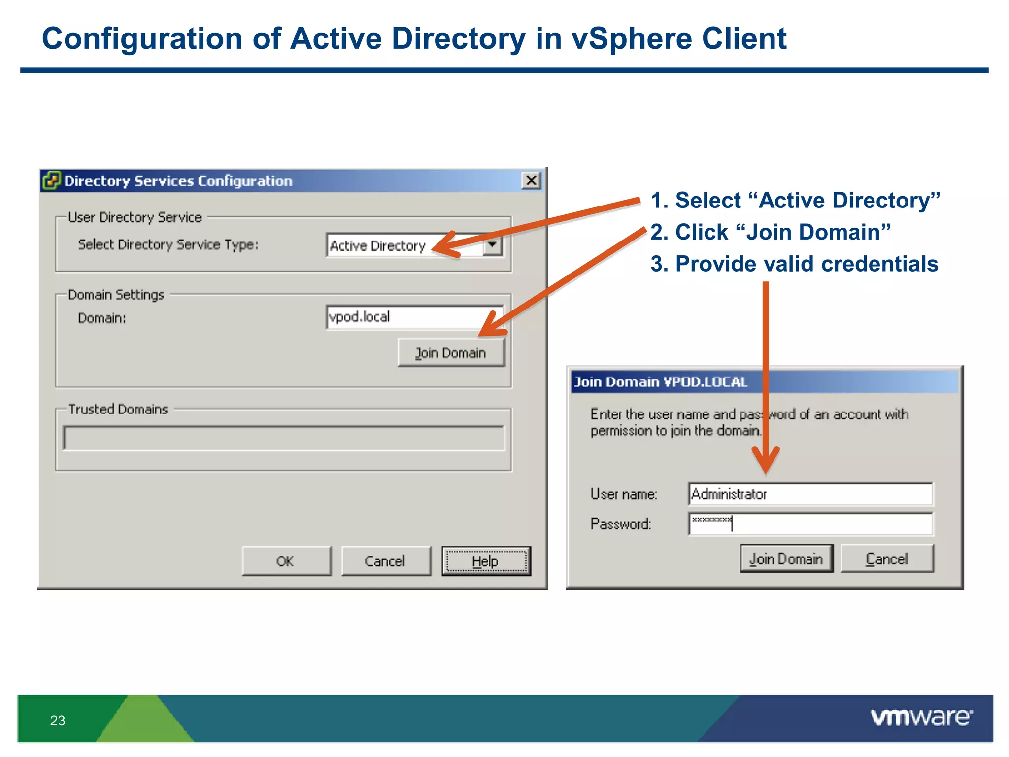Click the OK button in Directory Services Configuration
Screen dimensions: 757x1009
click(x=286, y=561)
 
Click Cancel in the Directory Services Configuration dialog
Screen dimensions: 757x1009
click(x=385, y=561)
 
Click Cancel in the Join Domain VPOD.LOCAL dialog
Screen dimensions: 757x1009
click(x=887, y=559)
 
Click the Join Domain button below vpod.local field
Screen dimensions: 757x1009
click(x=451, y=353)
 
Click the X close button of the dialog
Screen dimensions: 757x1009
click(x=531, y=180)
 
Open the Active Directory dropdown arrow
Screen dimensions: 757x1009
click(x=492, y=244)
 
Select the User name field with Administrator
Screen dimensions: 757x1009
click(x=810, y=494)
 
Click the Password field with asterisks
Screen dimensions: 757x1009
click(x=810, y=523)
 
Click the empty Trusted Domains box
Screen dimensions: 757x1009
click(x=283, y=438)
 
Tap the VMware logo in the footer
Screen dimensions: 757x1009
click(x=921, y=718)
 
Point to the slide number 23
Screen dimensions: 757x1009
click(x=58, y=721)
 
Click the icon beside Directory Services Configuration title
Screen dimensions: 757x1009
click(x=51, y=180)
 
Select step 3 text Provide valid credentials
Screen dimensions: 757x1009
click(x=794, y=264)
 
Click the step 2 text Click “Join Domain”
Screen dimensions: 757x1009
click(x=771, y=232)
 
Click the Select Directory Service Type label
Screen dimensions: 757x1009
click(x=168, y=244)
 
